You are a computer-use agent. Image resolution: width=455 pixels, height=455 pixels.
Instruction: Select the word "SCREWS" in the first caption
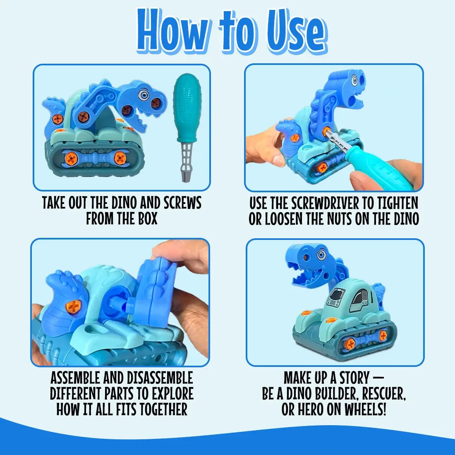pyautogui.click(x=182, y=203)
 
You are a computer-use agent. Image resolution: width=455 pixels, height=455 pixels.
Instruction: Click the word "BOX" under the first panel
pyautogui.click(x=148, y=218)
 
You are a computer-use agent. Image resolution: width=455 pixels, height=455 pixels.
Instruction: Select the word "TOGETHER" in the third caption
pyautogui.click(x=163, y=409)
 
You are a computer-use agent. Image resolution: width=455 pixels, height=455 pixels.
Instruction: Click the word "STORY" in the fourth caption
pyautogui.click(x=354, y=378)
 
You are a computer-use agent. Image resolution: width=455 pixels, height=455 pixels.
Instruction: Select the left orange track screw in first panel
pyautogui.click(x=71, y=157)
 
